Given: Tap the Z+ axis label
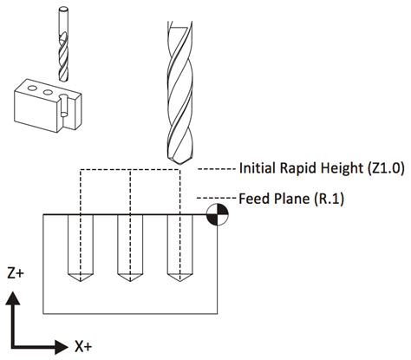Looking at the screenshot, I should (15, 272).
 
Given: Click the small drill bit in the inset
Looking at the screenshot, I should (63, 43).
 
